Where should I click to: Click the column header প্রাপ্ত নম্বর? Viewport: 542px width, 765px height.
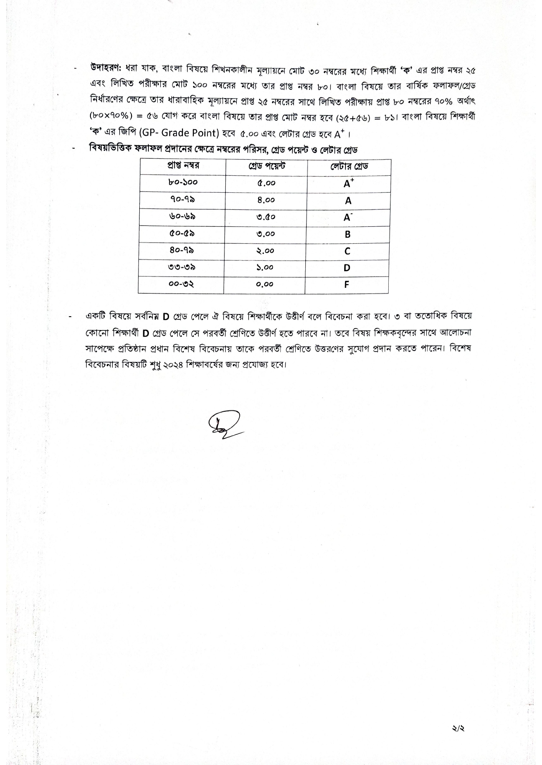tap(183, 166)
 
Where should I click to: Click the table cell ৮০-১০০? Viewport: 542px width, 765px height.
tap(183, 183)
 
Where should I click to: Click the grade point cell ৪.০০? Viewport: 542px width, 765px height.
tap(266, 200)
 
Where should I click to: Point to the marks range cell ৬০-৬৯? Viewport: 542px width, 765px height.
tap(182, 217)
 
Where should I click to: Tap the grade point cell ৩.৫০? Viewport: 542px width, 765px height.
tap(266, 217)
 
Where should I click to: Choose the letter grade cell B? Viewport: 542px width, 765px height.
tap(348, 234)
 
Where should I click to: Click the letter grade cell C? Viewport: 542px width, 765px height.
tap(347, 251)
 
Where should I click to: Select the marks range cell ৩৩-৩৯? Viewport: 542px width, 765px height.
tap(181, 267)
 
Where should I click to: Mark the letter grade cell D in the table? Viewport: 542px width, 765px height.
tap(347, 268)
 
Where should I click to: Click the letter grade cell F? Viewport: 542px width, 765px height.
tap(346, 284)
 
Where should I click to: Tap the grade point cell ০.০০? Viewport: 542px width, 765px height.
tap(265, 285)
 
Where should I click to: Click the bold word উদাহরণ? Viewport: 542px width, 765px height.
tap(106, 68)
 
